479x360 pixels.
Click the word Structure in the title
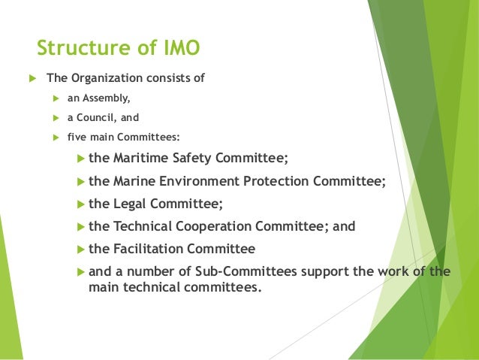77,49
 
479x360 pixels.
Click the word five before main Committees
78,137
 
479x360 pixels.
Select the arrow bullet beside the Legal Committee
82,204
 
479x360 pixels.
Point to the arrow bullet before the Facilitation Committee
82,249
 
